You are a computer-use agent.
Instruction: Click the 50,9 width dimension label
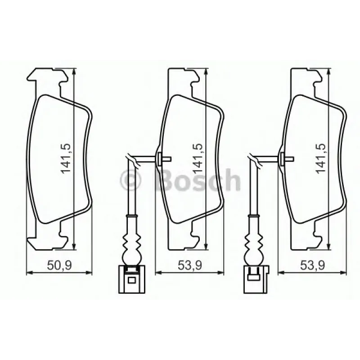(59, 265)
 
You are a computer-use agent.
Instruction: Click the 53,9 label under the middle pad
(190, 265)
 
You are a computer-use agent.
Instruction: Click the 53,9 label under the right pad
(312, 265)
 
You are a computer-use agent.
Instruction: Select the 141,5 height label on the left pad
(65, 159)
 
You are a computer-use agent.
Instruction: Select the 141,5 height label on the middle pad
(197, 159)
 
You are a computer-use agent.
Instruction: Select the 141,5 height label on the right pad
(320, 159)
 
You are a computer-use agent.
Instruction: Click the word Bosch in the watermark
(198, 180)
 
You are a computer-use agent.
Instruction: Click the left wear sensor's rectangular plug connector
(131, 279)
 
